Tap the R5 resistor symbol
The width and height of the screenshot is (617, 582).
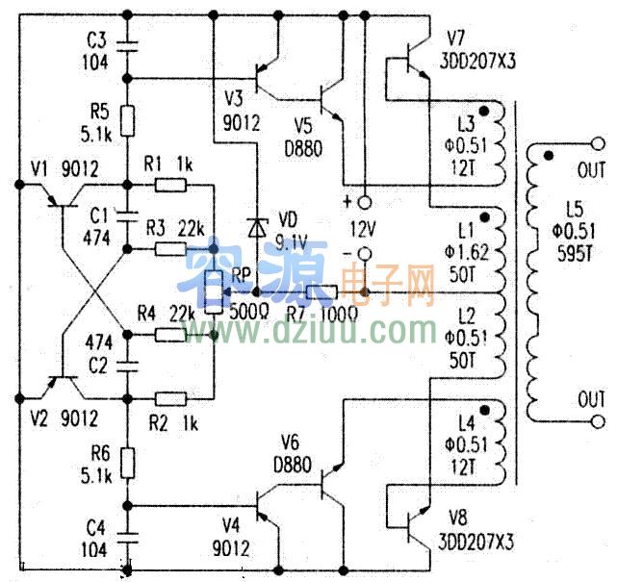(x=126, y=122)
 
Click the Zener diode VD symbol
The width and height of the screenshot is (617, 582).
(x=257, y=228)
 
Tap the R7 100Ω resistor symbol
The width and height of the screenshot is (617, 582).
(x=321, y=291)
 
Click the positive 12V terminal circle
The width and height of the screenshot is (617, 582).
(x=365, y=203)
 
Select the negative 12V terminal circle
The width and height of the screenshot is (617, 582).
(x=365, y=254)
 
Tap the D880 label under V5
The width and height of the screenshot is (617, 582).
(x=302, y=148)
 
